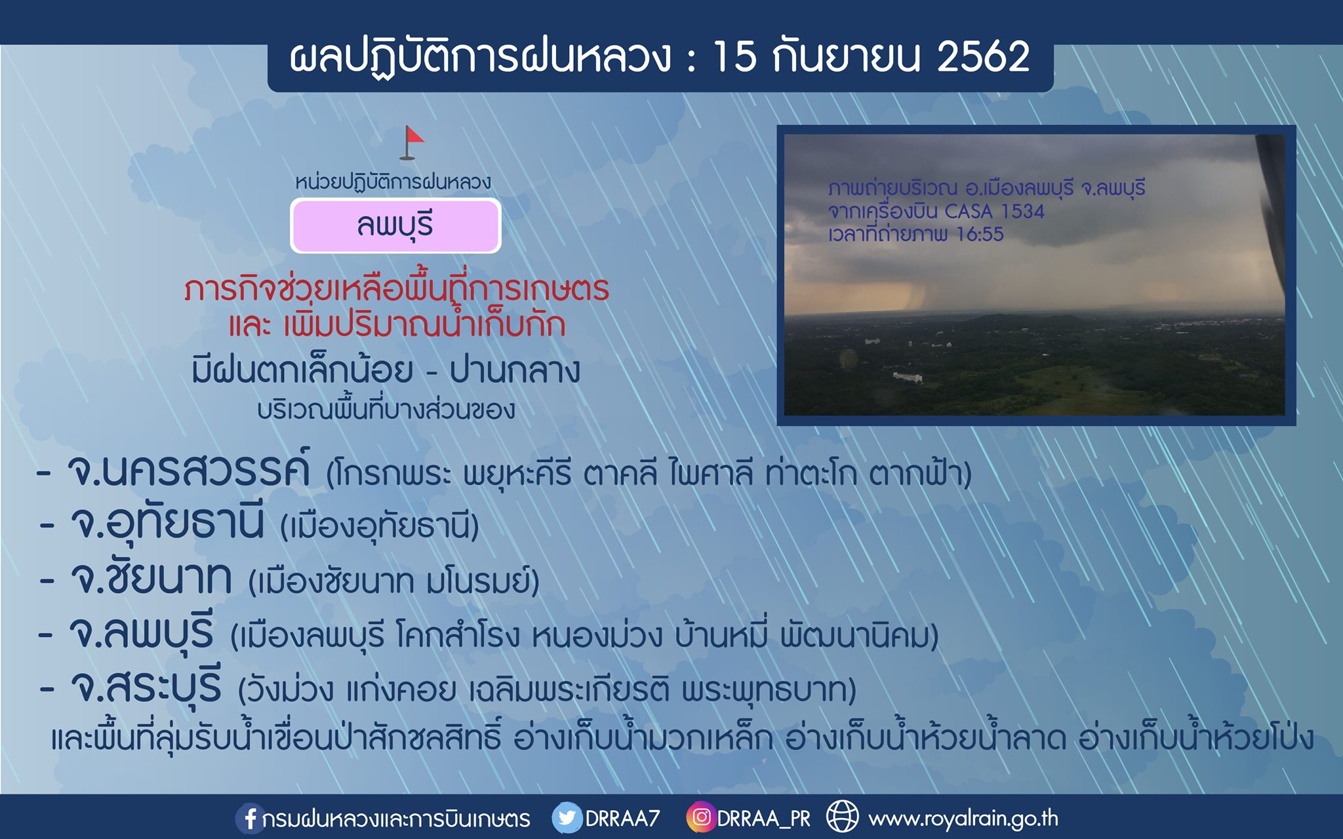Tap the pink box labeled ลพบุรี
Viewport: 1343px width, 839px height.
coord(395,225)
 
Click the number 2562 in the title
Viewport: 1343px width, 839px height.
coord(983,56)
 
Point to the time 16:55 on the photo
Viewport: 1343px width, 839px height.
coord(980,234)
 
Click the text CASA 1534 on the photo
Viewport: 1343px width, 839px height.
coord(994,211)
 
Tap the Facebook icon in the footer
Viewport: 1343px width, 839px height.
coord(250,818)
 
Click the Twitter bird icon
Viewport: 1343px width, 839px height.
coord(567,818)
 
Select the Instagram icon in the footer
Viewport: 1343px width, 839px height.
coord(701,817)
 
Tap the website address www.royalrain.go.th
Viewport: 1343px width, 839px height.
coord(963,818)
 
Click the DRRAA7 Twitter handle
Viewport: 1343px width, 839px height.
coord(622,818)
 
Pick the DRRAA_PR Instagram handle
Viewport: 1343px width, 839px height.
coord(764,819)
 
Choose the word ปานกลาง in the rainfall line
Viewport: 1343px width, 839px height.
coord(515,370)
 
